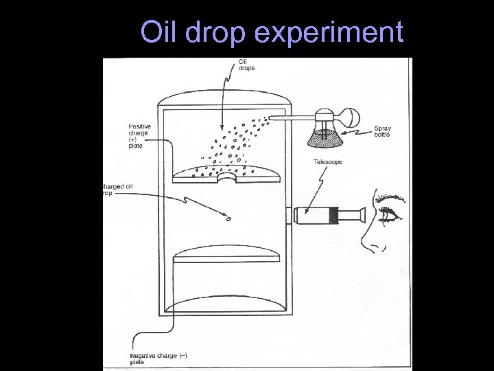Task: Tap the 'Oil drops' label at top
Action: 246,65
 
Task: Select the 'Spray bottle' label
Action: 383,131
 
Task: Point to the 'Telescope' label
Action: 328,162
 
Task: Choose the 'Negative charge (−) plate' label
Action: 158,358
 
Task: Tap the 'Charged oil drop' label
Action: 116,190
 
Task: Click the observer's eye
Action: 391,214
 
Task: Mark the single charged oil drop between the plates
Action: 228,221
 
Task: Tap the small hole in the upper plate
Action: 226,178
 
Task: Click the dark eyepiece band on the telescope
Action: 333,215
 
